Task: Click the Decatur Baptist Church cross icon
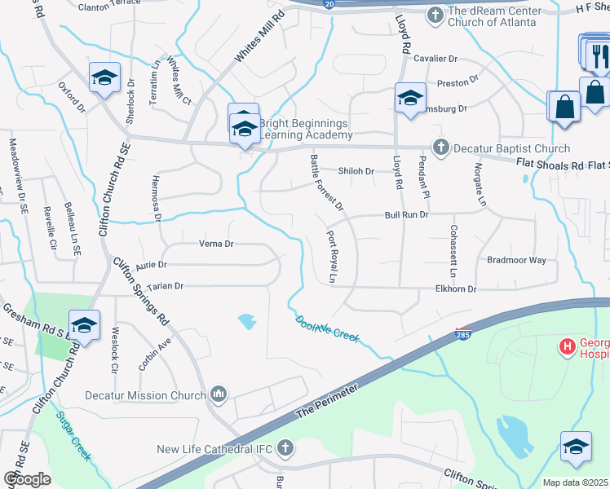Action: pyautogui.click(x=441, y=148)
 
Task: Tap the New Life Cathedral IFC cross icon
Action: pyautogui.click(x=285, y=447)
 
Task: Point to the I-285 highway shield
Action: pyautogui.click(x=462, y=334)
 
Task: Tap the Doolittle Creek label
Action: pyautogui.click(x=326, y=328)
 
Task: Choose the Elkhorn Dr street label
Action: pyautogui.click(x=456, y=289)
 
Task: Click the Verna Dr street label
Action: pyautogui.click(x=216, y=244)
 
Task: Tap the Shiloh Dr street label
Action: pyautogui.click(x=356, y=171)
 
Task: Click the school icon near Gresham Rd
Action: pyautogui.click(x=83, y=326)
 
